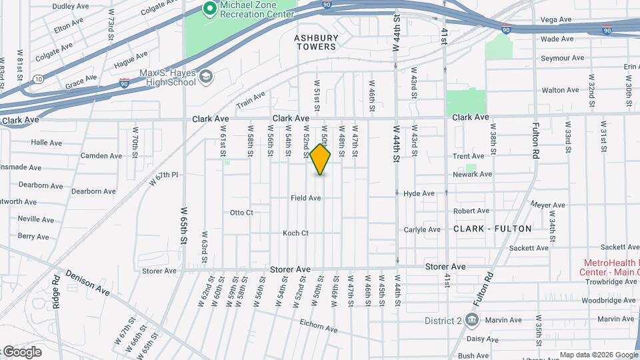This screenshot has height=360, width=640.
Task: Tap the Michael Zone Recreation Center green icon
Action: (x=210, y=9)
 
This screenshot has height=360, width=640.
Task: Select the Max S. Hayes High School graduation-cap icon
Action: (x=206, y=77)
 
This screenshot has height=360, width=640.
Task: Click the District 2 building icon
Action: (x=472, y=321)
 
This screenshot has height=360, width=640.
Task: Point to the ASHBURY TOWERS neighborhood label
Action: (x=315, y=43)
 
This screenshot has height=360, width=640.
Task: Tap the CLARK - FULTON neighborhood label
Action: (x=493, y=229)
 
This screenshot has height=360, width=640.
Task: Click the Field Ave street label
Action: (x=306, y=198)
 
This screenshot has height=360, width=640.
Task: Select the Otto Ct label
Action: (x=241, y=213)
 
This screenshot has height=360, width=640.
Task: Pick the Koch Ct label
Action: (x=295, y=233)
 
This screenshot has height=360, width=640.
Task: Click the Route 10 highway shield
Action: (x=39, y=79)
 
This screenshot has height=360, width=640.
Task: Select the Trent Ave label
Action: (x=468, y=156)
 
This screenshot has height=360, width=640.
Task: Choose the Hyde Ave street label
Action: (x=419, y=193)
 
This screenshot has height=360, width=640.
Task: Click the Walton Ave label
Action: (x=560, y=90)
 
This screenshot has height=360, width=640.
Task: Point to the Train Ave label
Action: (x=251, y=101)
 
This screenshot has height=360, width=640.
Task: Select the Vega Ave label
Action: (x=556, y=20)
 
